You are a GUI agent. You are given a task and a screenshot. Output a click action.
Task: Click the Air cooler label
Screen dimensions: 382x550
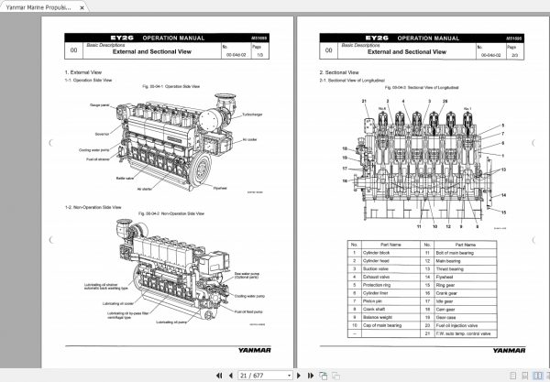pos(249,140)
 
